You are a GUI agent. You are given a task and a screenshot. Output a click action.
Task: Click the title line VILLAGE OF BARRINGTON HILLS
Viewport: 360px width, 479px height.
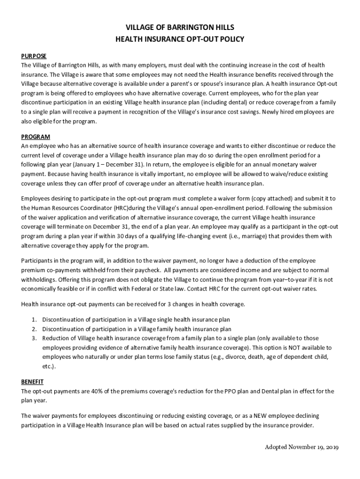click(x=180, y=27)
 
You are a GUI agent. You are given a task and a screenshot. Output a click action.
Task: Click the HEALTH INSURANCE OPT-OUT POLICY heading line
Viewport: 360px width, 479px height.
click(x=180, y=39)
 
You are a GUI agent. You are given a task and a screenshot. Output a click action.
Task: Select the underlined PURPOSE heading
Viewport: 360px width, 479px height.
click(x=34, y=56)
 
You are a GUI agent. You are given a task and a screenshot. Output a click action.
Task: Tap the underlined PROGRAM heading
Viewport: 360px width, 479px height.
click(x=36, y=137)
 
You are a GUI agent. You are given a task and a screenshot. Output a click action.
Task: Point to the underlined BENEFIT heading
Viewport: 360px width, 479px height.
click(x=32, y=382)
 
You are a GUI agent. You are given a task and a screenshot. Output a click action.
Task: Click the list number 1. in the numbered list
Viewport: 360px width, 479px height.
click(x=34, y=319)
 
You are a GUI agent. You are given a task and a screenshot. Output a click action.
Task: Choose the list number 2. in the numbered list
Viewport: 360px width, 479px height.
click(x=34, y=329)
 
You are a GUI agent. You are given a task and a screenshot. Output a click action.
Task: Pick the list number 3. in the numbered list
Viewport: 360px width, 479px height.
click(x=34, y=338)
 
